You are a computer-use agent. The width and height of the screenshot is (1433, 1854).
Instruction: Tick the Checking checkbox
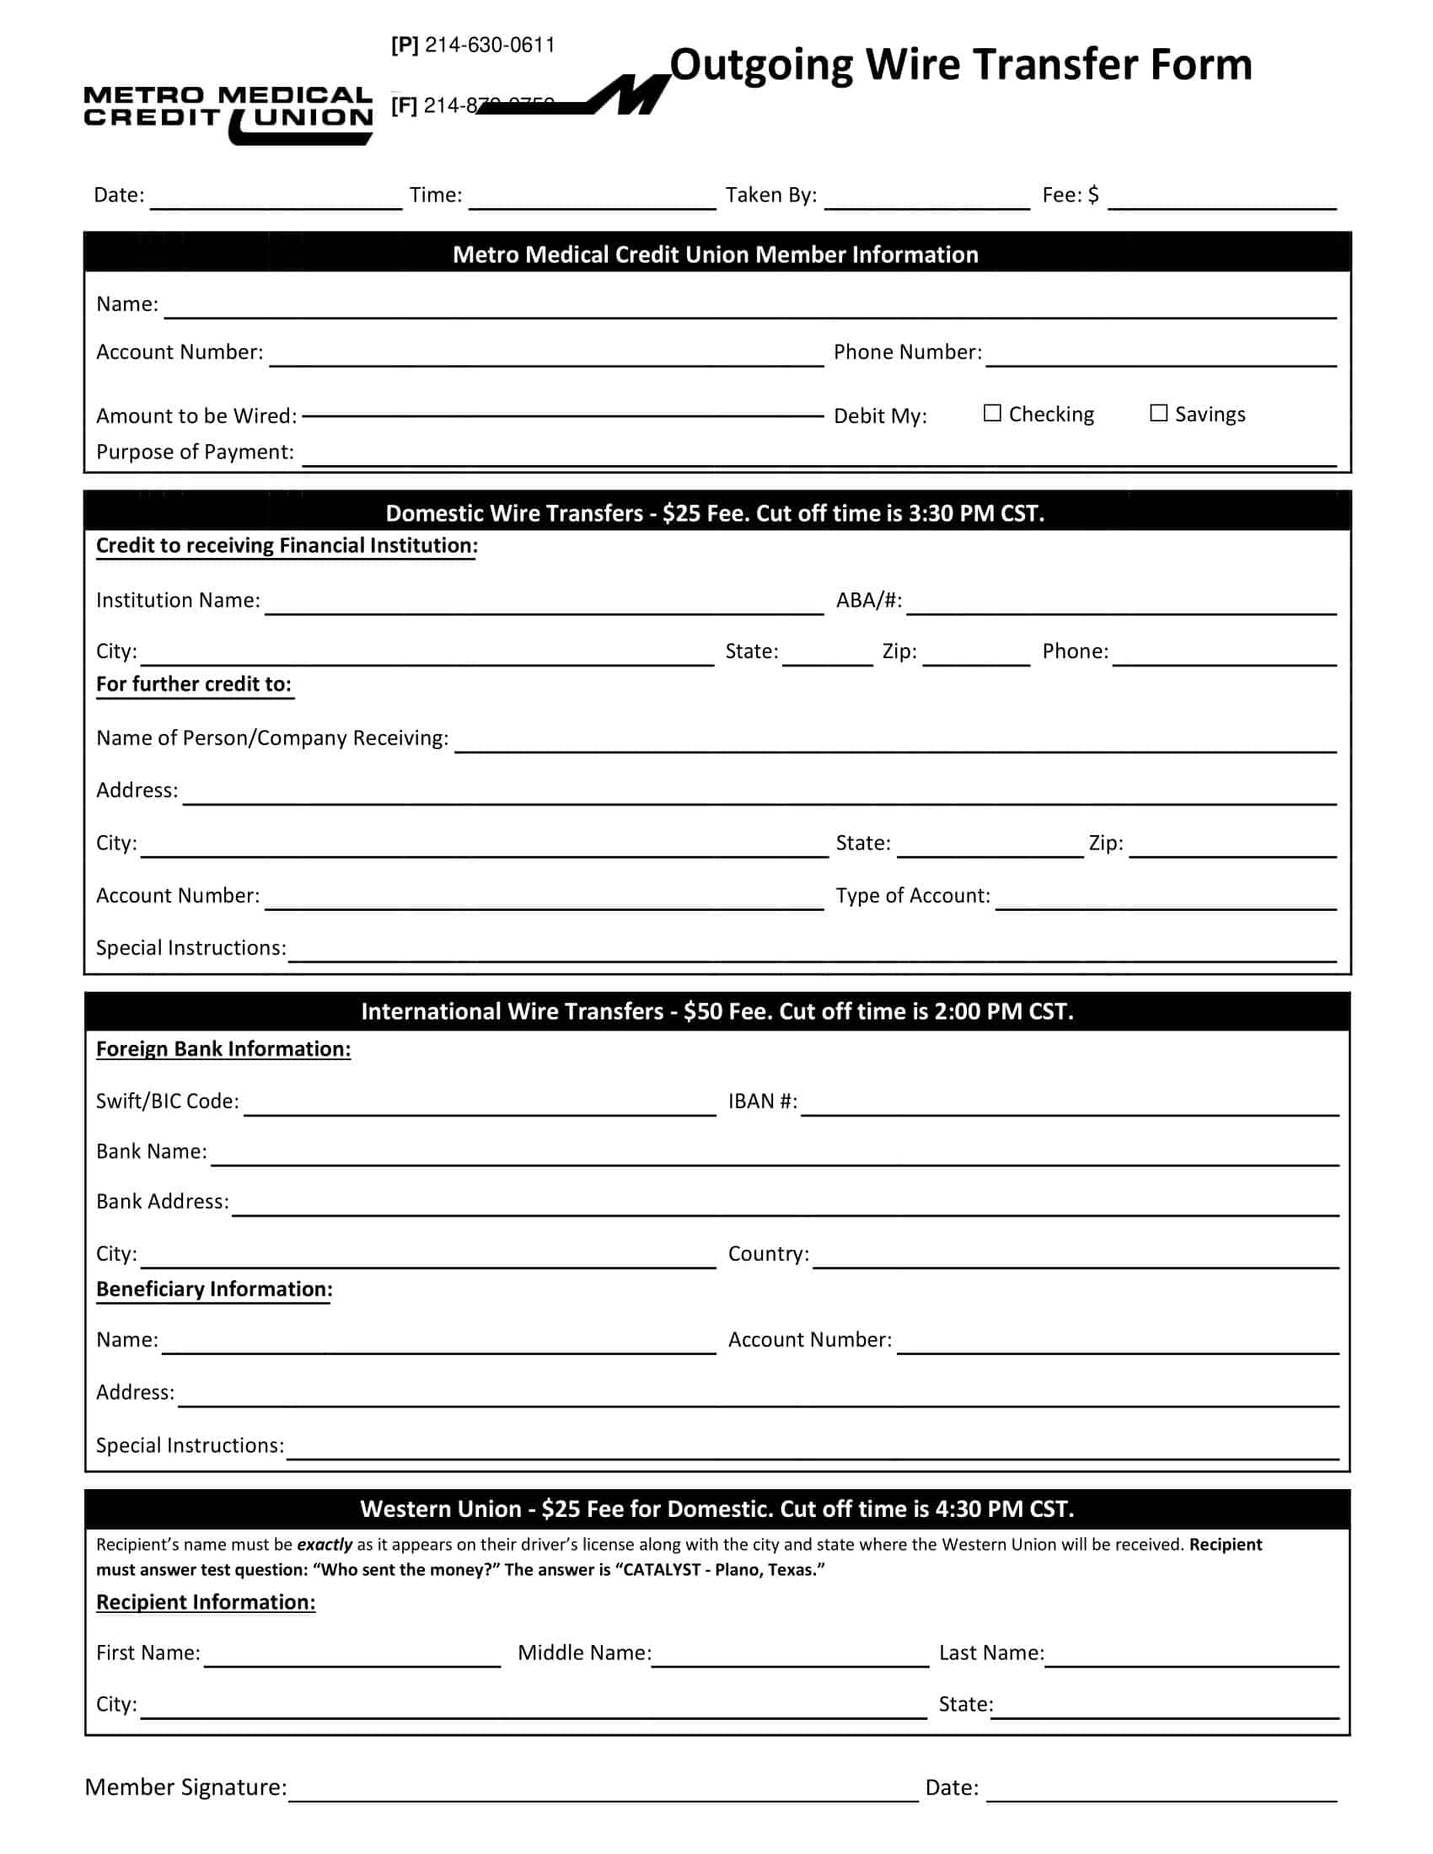tap(991, 414)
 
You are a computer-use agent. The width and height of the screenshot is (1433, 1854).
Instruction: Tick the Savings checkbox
tap(1158, 414)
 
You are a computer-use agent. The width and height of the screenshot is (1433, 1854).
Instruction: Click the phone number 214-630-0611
tap(489, 45)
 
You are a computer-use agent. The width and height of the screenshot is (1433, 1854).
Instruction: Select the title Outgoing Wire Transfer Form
tap(960, 65)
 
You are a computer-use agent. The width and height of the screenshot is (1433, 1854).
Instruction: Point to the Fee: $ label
tap(1070, 196)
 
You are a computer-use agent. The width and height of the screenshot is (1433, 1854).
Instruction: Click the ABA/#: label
tap(868, 600)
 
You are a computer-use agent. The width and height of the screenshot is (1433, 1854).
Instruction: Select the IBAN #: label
tap(762, 1101)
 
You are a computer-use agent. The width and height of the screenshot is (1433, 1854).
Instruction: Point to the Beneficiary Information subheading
tap(214, 1289)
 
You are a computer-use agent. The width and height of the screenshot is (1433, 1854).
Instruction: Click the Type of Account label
tap(913, 896)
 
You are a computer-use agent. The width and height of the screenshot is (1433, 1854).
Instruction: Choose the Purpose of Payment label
tap(195, 452)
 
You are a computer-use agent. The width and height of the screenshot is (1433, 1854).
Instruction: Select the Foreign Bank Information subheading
tap(223, 1049)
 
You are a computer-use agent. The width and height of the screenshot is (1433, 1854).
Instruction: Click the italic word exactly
tap(325, 1545)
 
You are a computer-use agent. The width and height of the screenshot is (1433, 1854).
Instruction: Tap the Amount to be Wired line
tap(562, 416)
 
